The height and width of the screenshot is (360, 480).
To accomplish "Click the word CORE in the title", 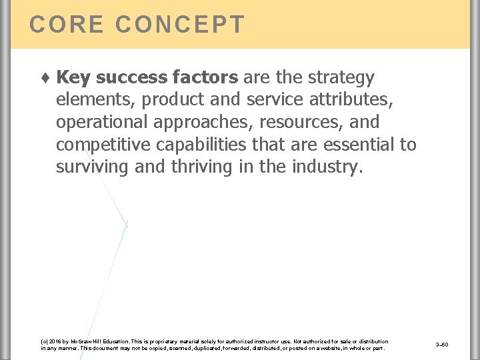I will coord(67,25).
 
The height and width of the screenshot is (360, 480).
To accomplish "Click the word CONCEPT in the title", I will coord(180,25).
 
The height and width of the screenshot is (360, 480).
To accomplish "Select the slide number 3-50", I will coord(441,345).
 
